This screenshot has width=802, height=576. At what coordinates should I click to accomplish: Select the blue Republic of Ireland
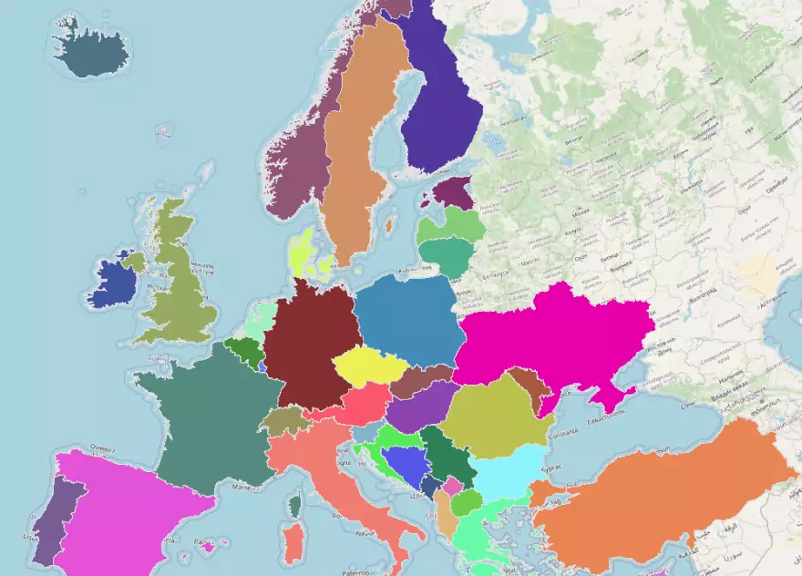pyautogui.click(x=114, y=283)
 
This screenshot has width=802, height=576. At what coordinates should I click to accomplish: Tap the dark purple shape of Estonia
pyautogui.click(x=454, y=192)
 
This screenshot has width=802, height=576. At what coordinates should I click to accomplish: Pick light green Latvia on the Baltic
pyautogui.click(x=456, y=222)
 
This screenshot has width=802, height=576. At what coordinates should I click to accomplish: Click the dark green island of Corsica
pyautogui.click(x=294, y=504)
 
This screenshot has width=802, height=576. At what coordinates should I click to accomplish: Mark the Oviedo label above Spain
pyautogui.click(x=102, y=447)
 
